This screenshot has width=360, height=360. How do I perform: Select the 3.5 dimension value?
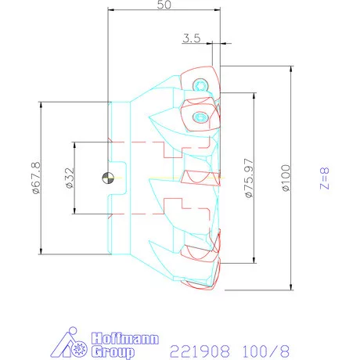click(x=193, y=37)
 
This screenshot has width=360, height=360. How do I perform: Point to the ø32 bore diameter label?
click(x=68, y=178)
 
